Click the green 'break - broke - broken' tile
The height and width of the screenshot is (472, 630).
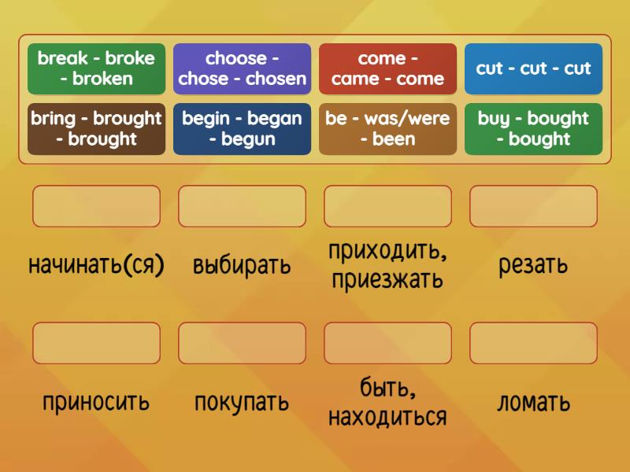click(x=96, y=68)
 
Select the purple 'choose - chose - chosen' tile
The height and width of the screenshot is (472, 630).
click(x=242, y=68)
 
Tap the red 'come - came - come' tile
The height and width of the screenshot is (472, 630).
click(x=387, y=68)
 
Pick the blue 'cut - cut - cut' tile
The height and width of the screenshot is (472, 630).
click(x=533, y=68)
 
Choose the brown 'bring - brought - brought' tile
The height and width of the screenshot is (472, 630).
click(x=96, y=129)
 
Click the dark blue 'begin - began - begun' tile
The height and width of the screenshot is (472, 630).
click(x=242, y=129)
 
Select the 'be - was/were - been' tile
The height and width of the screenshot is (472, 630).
click(x=387, y=129)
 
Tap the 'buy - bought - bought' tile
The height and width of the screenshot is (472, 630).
click(x=533, y=129)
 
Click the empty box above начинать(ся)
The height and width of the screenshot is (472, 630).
click(x=96, y=206)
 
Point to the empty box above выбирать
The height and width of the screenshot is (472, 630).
click(x=242, y=206)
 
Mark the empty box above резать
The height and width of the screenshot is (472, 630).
click(x=533, y=206)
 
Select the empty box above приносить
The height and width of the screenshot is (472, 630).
click(x=96, y=343)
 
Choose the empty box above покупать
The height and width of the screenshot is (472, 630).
click(x=242, y=343)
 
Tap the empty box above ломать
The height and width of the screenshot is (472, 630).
click(x=533, y=343)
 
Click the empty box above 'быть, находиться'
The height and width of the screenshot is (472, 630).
click(x=387, y=343)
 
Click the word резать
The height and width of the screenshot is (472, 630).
click(x=533, y=265)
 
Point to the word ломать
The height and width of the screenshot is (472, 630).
click(x=533, y=403)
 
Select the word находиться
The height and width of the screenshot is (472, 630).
click(x=387, y=416)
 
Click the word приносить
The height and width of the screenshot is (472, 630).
click(x=96, y=403)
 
